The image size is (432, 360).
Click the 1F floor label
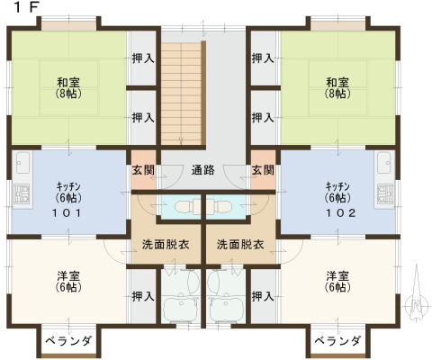tap(26, 8)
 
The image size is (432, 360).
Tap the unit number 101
tap(67, 213)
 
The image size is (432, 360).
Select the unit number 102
tap(341, 213)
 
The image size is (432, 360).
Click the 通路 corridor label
tap(203, 170)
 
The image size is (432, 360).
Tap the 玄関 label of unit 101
tap(143, 170)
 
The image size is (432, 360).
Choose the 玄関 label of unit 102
tap(263, 170)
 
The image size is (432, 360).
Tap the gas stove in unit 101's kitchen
tap(22, 194)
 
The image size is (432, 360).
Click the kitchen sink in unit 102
tap(385, 163)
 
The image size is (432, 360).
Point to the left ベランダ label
tap(68, 341)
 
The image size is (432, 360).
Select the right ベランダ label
tap(337, 341)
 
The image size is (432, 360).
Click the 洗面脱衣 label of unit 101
tap(166, 245)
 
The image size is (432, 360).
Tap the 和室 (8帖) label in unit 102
tap(337, 88)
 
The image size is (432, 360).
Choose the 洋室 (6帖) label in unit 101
tap(68, 282)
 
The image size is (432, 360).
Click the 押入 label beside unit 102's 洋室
tap(263, 297)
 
